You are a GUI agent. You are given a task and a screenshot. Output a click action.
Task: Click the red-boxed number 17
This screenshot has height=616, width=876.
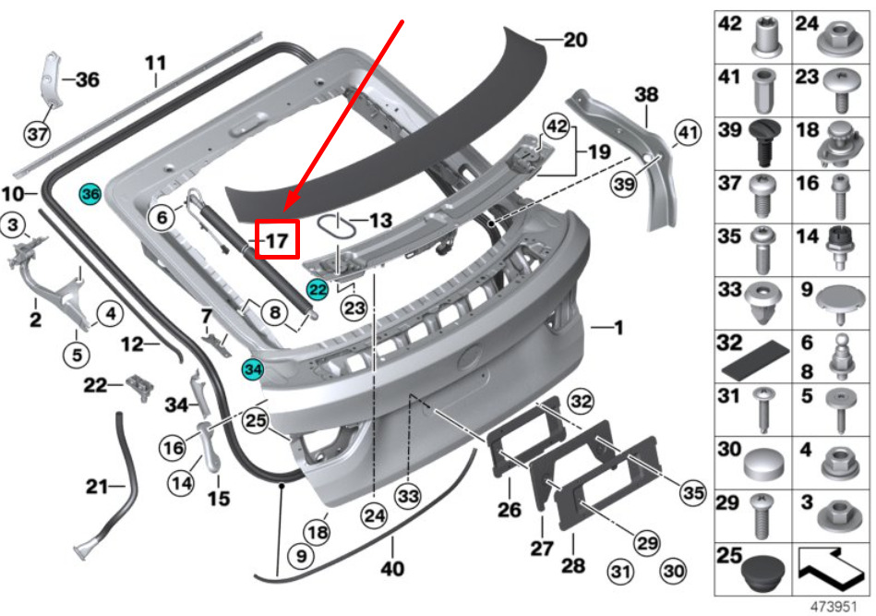point(277,240)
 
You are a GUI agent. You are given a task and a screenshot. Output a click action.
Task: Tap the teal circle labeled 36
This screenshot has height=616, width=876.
point(90,194)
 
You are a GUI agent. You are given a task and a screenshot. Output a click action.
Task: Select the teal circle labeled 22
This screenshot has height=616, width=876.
point(318,290)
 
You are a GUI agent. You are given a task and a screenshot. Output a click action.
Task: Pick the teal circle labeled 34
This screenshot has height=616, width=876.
point(253,369)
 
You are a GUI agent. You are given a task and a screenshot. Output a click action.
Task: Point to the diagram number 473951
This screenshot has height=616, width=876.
point(834,607)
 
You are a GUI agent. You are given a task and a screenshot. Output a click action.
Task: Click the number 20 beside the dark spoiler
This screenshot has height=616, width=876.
point(575,40)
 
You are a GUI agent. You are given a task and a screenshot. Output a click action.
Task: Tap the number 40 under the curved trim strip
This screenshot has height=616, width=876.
point(392,569)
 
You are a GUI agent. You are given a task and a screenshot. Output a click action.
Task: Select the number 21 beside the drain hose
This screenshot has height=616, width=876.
point(97,487)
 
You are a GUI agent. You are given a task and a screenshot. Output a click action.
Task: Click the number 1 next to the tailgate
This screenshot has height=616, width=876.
point(618,328)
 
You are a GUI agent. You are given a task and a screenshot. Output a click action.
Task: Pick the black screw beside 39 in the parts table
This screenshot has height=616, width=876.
point(763,143)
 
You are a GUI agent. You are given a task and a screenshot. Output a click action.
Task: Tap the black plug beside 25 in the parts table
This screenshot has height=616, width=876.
point(763,574)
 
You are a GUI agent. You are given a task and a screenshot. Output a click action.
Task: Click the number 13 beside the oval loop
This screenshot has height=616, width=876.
point(380,220)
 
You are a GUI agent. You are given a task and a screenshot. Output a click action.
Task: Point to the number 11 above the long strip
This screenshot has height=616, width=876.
point(155,63)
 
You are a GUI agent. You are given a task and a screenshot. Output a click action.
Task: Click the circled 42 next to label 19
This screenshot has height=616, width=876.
point(557,127)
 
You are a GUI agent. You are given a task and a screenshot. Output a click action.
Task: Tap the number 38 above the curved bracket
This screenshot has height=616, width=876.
point(646,94)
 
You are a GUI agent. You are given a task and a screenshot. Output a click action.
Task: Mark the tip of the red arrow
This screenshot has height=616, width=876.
point(284,211)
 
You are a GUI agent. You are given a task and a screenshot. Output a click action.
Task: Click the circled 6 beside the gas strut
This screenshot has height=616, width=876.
point(162,217)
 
